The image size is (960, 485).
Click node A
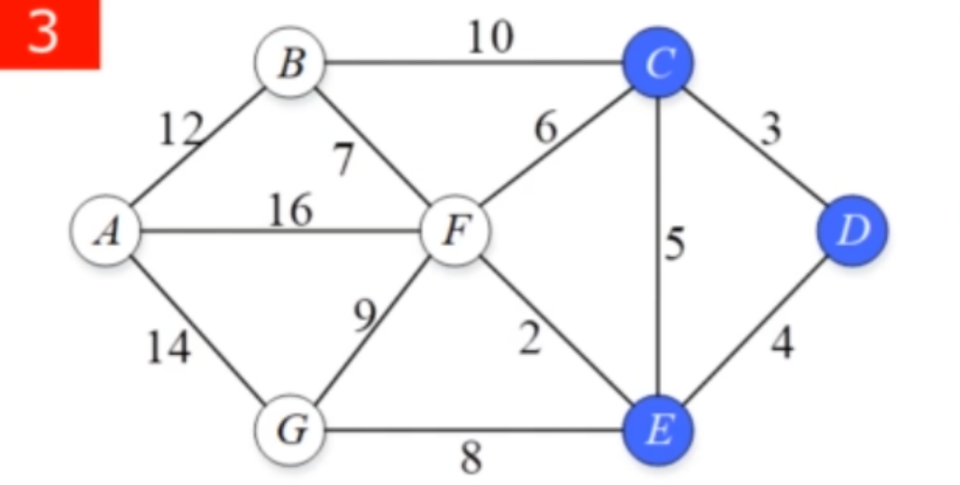[x=106, y=231]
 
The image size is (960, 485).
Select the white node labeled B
[x=290, y=64]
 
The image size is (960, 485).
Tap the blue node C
[x=659, y=64]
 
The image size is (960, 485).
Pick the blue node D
[x=852, y=231]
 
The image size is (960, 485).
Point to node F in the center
[x=457, y=231]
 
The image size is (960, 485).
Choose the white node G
[x=290, y=430]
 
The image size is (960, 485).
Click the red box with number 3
[x=49, y=34]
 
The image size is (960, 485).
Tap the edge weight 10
[x=489, y=38]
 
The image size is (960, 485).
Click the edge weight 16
[x=290, y=210]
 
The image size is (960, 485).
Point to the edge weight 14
[x=169, y=347]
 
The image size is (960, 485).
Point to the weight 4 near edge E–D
[x=782, y=343]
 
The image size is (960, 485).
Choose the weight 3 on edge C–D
[x=769, y=129]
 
